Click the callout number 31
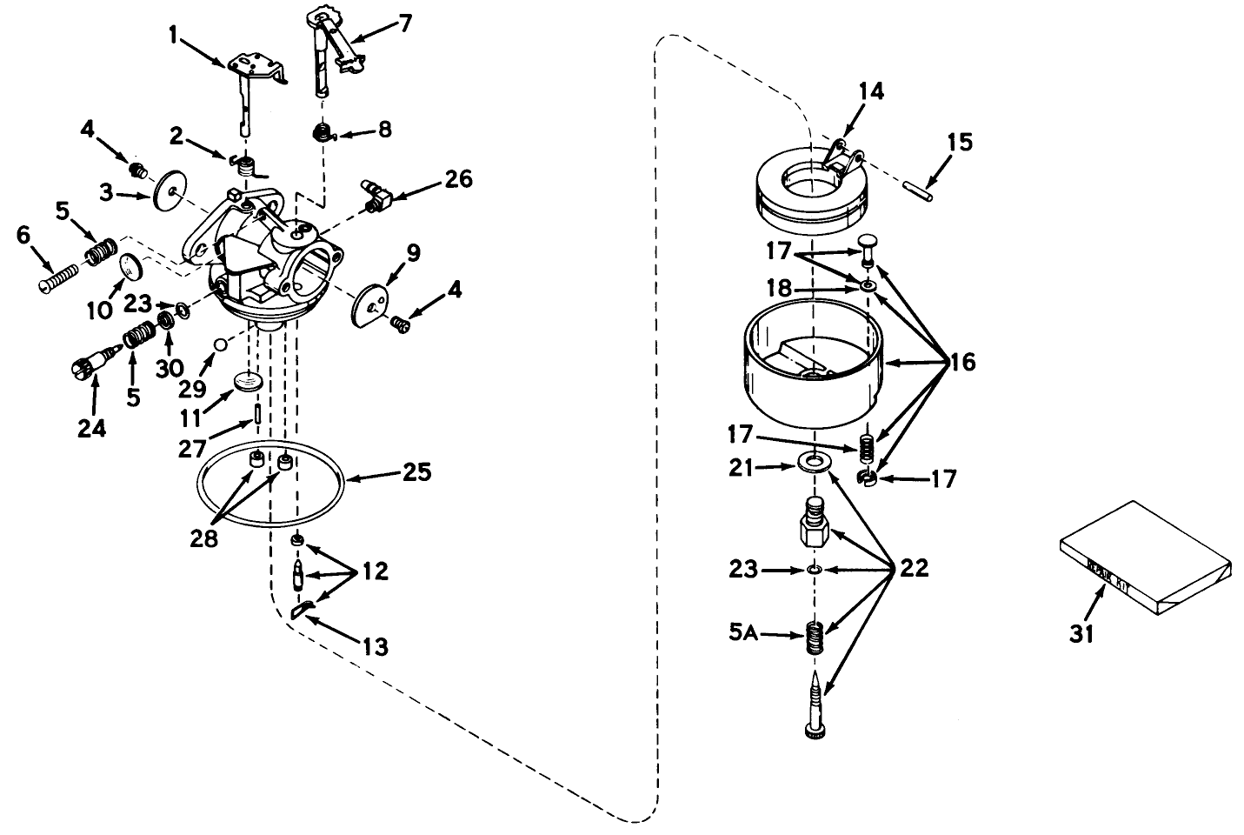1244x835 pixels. [1081, 634]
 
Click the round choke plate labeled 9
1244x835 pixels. [369, 305]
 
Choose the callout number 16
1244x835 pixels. [962, 362]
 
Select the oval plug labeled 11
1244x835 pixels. [248, 383]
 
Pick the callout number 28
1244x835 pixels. [205, 538]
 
